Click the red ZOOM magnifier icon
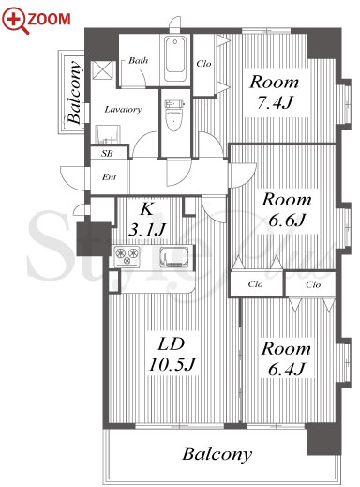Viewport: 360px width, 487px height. pyautogui.click(x=16, y=20)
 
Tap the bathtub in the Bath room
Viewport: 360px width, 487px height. pyautogui.click(x=175, y=58)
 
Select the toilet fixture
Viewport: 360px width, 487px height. pyautogui.click(x=174, y=115)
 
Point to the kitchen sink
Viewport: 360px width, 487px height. pyautogui.click(x=174, y=257)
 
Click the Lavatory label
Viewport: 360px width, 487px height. pyautogui.click(x=123, y=110)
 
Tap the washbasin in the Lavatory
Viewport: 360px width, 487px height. pyautogui.click(x=108, y=134)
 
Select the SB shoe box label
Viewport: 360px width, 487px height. pyautogui.click(x=107, y=154)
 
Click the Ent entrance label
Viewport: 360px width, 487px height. pyautogui.click(x=109, y=177)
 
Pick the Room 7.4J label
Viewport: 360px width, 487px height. pyautogui.click(x=274, y=92)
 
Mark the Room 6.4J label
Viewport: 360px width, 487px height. pyautogui.click(x=286, y=358)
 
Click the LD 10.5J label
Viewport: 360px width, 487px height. pyautogui.click(x=172, y=354)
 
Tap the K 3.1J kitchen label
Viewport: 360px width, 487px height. pyautogui.click(x=146, y=220)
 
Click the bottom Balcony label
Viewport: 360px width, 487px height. pyautogui.click(x=217, y=454)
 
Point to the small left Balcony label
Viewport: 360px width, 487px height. pyautogui.click(x=74, y=92)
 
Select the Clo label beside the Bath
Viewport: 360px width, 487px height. pyautogui.click(x=203, y=64)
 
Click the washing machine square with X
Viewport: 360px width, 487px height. pyautogui.click(x=102, y=70)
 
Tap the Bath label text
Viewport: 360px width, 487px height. pyautogui.click(x=138, y=60)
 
